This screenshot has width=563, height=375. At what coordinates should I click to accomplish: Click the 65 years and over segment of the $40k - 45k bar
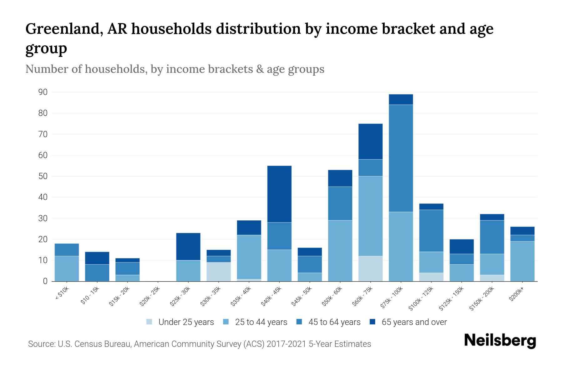click(x=279, y=194)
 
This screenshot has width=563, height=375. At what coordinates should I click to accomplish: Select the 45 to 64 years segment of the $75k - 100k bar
click(x=401, y=158)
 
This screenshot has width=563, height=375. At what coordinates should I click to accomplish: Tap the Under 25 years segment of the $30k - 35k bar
click(x=219, y=272)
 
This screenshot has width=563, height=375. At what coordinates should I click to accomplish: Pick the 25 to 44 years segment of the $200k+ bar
click(x=522, y=261)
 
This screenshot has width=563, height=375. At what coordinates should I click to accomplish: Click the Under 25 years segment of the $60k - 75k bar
click(x=370, y=268)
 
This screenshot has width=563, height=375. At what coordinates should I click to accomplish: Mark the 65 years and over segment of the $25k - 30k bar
click(x=188, y=247)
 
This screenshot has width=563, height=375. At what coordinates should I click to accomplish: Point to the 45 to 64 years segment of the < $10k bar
click(x=67, y=250)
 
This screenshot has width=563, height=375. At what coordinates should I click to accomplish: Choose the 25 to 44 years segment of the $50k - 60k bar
click(x=340, y=251)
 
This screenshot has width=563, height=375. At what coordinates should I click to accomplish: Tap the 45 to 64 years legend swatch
click(x=299, y=322)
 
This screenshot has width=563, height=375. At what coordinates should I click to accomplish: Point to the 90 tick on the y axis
click(x=43, y=92)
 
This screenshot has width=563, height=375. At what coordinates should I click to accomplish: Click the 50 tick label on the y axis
click(x=43, y=176)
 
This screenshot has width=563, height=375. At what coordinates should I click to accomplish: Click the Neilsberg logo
click(x=500, y=341)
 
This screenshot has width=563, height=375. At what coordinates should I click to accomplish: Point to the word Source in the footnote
click(x=41, y=344)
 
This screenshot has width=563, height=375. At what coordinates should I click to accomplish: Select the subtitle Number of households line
click(x=175, y=69)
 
